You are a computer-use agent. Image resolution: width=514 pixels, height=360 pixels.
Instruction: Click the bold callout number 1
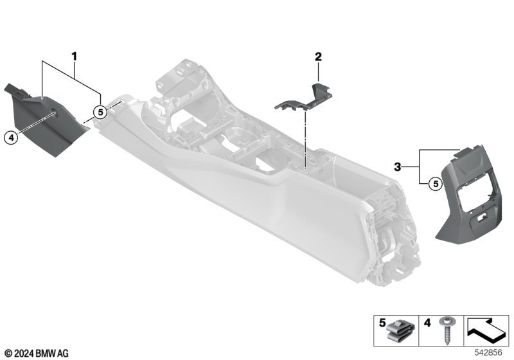pyautogui.click(x=75, y=57)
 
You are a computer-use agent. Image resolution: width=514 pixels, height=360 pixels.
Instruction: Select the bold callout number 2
pyautogui.click(x=318, y=57)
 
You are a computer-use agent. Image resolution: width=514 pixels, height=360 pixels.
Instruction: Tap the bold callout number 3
pyautogui.click(x=398, y=167)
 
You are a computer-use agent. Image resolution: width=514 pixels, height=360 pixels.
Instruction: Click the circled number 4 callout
pyautogui.click(x=11, y=138)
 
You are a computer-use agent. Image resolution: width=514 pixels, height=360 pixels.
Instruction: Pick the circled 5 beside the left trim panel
pyautogui.click(x=100, y=112)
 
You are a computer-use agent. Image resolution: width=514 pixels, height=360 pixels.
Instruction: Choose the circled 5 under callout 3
pyautogui.click(x=436, y=184)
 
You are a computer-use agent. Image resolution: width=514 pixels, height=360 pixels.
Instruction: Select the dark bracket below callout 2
pyautogui.click(x=304, y=96)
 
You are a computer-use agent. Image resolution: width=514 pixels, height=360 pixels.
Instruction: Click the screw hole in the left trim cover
pyautogui.click(x=54, y=114)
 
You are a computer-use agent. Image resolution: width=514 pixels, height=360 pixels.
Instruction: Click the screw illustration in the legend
pyautogui.click(x=446, y=330)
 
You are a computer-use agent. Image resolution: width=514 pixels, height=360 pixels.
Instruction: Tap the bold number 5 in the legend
pyautogui.click(x=382, y=323)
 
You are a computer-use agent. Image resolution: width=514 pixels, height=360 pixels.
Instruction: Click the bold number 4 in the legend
pyautogui.click(x=427, y=323)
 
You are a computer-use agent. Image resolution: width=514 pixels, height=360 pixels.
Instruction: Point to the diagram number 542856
pyautogui.click(x=488, y=353)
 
